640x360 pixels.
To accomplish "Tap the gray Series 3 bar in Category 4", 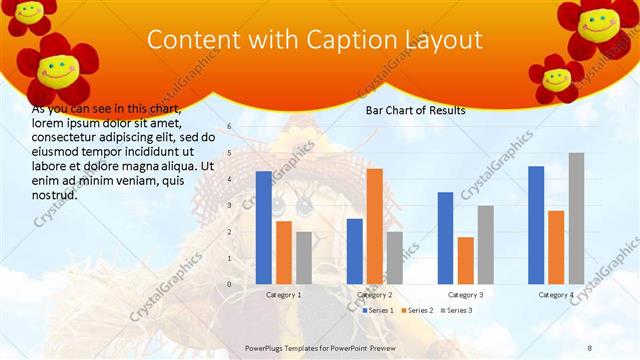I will [x=576, y=219].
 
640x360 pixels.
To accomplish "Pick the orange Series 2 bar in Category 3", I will [x=465, y=261].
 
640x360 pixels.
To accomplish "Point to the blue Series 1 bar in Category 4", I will [x=536, y=225].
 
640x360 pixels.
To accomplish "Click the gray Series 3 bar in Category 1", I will [x=303, y=258].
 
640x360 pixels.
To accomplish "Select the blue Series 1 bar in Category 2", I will [x=354, y=251].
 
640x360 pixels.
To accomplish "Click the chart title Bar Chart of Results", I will [x=415, y=111].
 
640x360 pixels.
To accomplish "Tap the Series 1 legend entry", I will [x=378, y=310].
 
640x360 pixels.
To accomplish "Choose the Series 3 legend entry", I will [x=456, y=310].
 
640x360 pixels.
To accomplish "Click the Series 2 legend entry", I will [x=417, y=310].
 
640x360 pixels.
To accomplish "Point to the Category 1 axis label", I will [x=284, y=295].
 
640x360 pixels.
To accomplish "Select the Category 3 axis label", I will [x=465, y=295].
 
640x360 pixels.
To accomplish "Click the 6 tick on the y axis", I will [x=229, y=127].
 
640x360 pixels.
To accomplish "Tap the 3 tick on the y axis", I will [x=229, y=206].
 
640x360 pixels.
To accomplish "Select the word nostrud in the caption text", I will [x=54, y=194].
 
